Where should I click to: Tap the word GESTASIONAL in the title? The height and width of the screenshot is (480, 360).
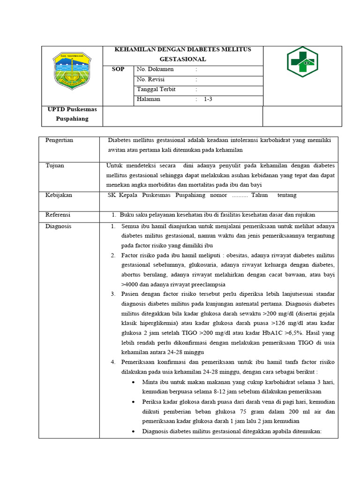[x=183, y=60]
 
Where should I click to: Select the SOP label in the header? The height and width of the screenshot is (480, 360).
[x=118, y=69]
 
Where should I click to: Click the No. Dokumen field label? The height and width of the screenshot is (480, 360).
[x=155, y=69]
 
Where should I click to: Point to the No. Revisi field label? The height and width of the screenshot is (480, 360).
[x=150, y=79]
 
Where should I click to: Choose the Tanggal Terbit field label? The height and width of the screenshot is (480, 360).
[x=156, y=89]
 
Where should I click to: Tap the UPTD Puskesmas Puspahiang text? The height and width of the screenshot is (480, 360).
[x=72, y=114]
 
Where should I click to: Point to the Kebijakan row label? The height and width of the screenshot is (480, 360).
[x=59, y=195]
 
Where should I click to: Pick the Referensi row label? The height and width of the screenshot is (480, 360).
[x=58, y=215]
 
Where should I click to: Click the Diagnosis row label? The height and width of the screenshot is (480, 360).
[x=58, y=226]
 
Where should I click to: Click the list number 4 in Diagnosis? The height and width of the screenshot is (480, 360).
[x=113, y=362]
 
